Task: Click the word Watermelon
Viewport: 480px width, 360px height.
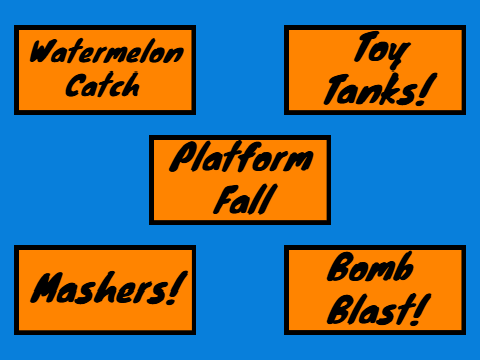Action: click(x=107, y=52)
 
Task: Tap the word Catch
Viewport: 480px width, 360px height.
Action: click(x=102, y=85)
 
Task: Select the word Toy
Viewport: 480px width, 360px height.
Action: click(x=382, y=50)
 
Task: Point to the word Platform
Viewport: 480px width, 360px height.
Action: click(x=241, y=156)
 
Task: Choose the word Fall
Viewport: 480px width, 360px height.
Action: click(x=246, y=199)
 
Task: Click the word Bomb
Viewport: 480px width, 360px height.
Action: click(x=370, y=267)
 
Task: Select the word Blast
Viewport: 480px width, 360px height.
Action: click(x=369, y=309)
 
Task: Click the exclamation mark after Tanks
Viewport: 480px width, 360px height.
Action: click(x=429, y=89)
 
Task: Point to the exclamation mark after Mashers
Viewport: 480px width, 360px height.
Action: click(x=179, y=287)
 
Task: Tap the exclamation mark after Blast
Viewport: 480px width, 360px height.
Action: click(x=421, y=309)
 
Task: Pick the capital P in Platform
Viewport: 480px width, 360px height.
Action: click(x=184, y=156)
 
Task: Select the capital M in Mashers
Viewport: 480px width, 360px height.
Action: click(x=47, y=287)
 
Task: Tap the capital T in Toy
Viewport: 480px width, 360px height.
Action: click(x=366, y=46)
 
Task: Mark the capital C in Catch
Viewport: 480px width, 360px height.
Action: click(x=75, y=85)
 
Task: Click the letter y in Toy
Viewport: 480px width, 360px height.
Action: click(x=400, y=55)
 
